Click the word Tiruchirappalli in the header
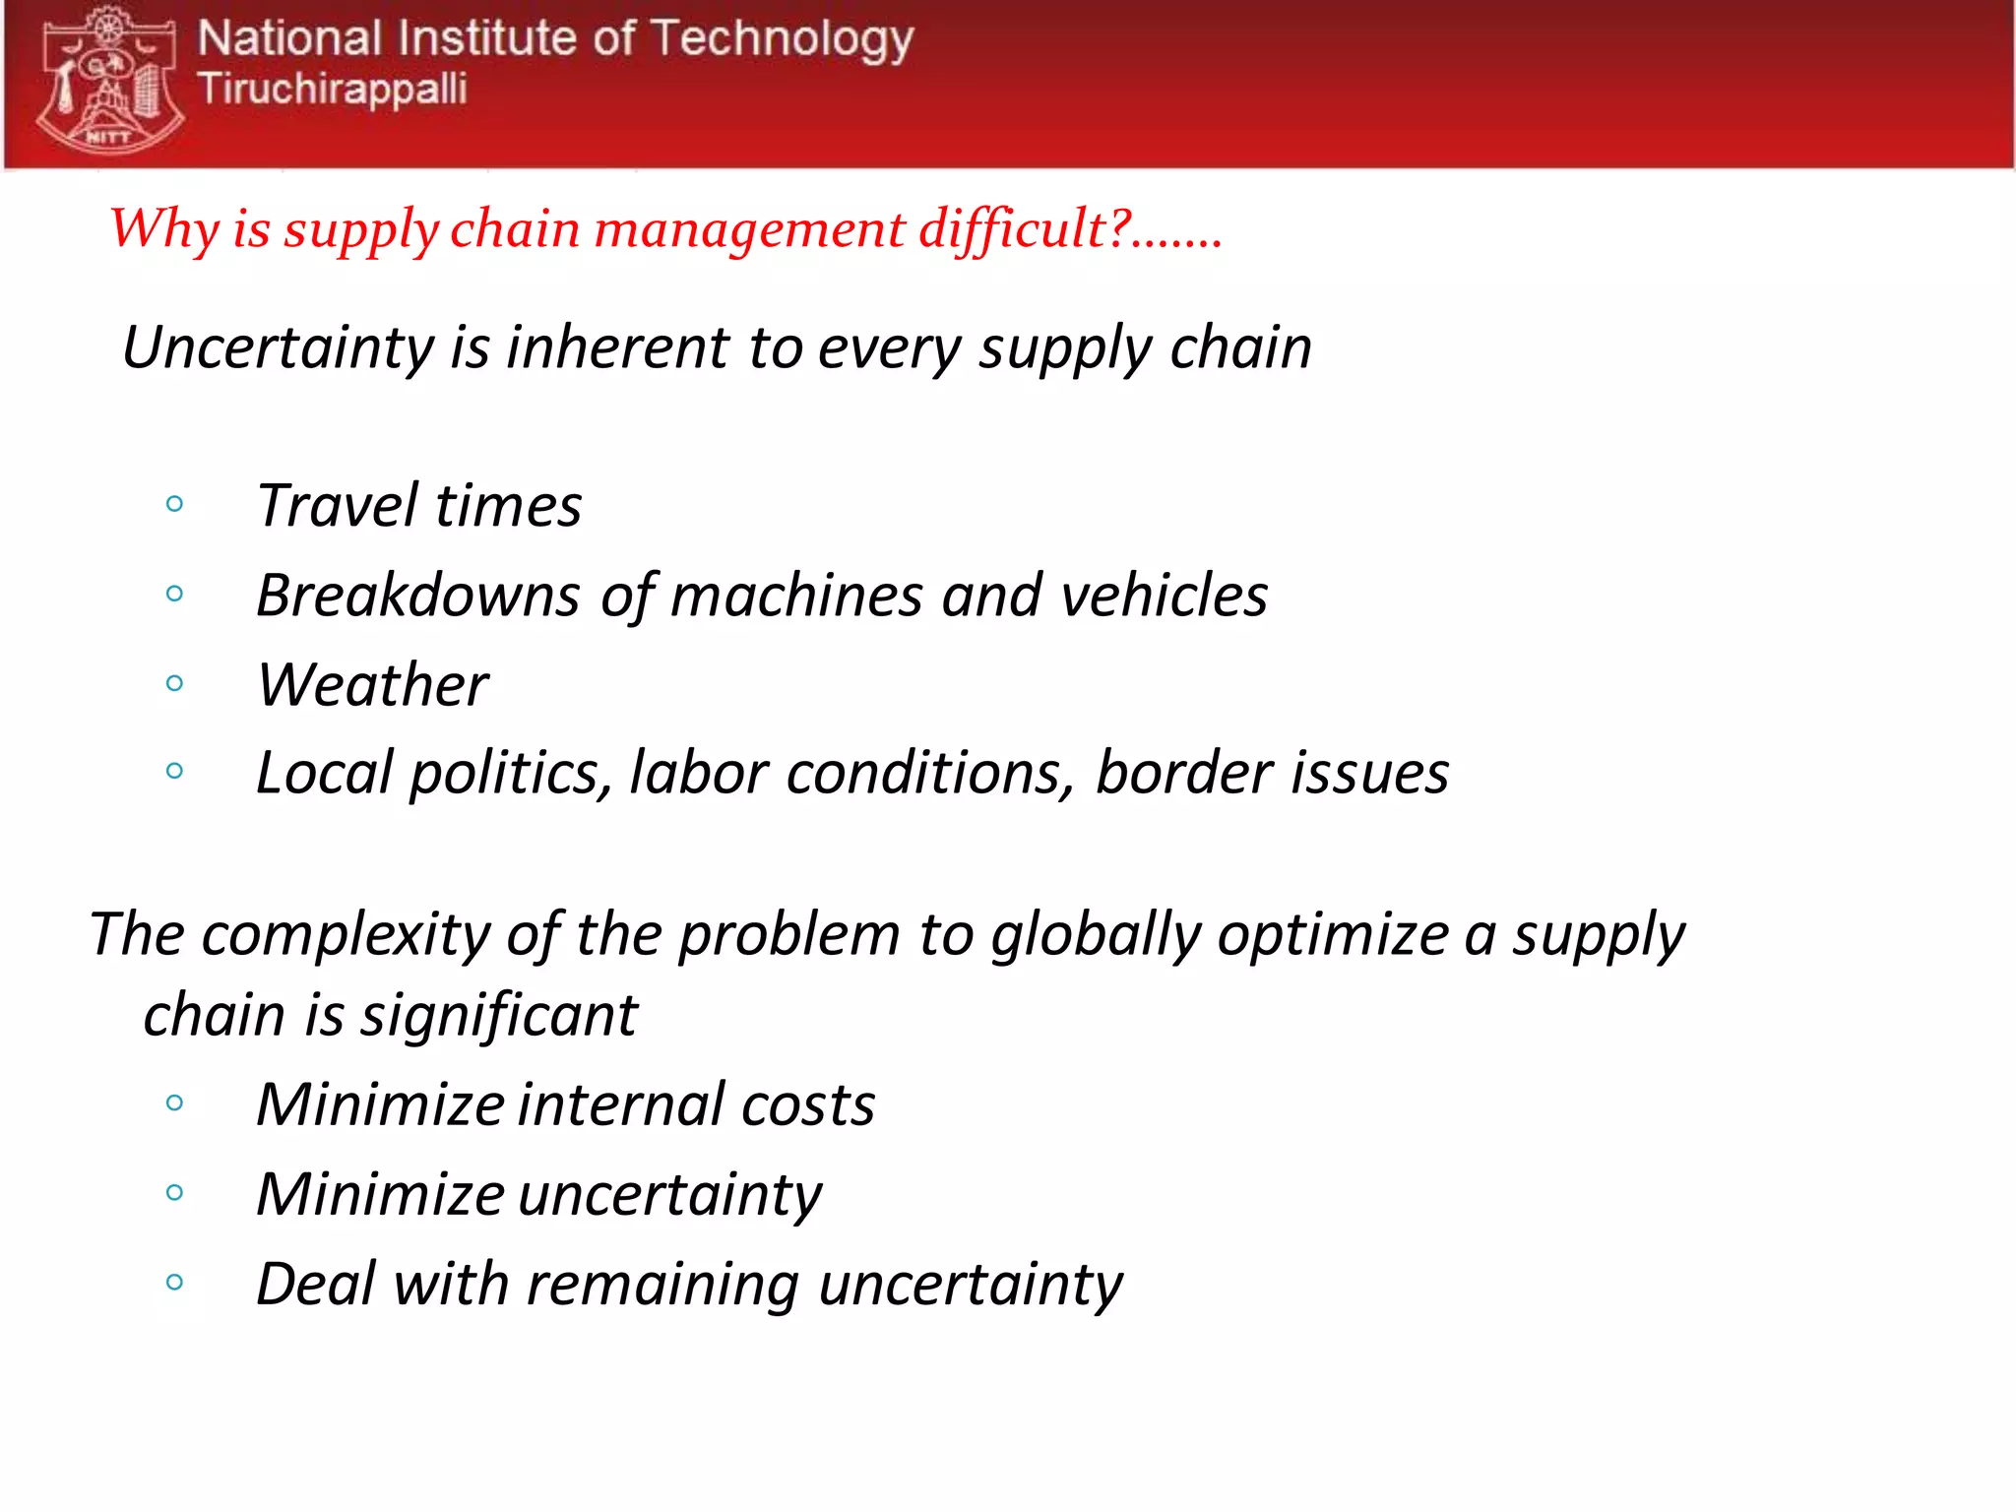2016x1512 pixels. coord(332,89)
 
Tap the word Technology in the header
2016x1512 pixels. coord(782,40)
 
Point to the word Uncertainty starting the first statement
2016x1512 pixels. coord(279,348)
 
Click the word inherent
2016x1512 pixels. coord(617,348)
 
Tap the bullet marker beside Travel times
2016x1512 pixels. coord(175,505)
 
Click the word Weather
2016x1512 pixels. coord(372,685)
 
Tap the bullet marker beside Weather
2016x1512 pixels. coord(175,683)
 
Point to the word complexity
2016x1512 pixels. coord(345,935)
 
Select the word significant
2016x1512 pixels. coord(499,1017)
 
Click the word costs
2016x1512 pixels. coord(807,1105)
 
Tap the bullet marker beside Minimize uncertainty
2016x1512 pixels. coord(175,1193)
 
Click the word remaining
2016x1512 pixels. coord(662,1286)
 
